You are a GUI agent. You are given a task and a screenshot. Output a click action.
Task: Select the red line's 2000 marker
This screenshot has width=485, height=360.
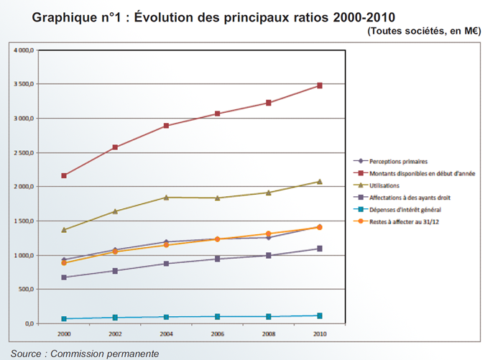tap(65, 175)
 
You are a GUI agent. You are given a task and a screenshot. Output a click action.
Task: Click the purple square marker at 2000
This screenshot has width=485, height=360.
tap(65, 277)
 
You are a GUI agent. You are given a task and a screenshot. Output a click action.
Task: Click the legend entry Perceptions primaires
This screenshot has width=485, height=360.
tap(399, 161)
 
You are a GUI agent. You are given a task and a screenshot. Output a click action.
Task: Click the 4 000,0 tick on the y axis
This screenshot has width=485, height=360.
tap(24, 50)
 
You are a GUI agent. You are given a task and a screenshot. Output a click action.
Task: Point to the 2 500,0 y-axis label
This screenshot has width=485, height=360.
tap(24, 153)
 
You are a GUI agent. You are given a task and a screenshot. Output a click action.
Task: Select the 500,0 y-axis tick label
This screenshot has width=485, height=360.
tap(27, 290)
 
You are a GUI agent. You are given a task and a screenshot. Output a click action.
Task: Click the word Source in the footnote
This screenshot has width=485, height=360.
tap(26, 354)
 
